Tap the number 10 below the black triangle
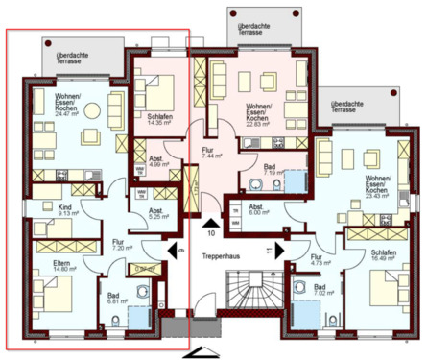(210, 232)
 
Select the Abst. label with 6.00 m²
(257, 207)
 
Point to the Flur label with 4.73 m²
(318, 256)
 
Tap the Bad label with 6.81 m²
(113, 297)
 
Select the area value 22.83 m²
(260, 123)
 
